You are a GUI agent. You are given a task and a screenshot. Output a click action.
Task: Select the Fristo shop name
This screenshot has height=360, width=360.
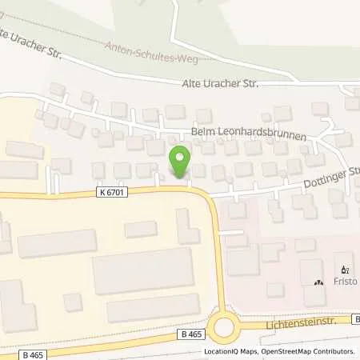(346, 282)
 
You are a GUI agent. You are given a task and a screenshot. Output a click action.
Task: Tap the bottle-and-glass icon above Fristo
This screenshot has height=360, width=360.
(346, 270)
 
